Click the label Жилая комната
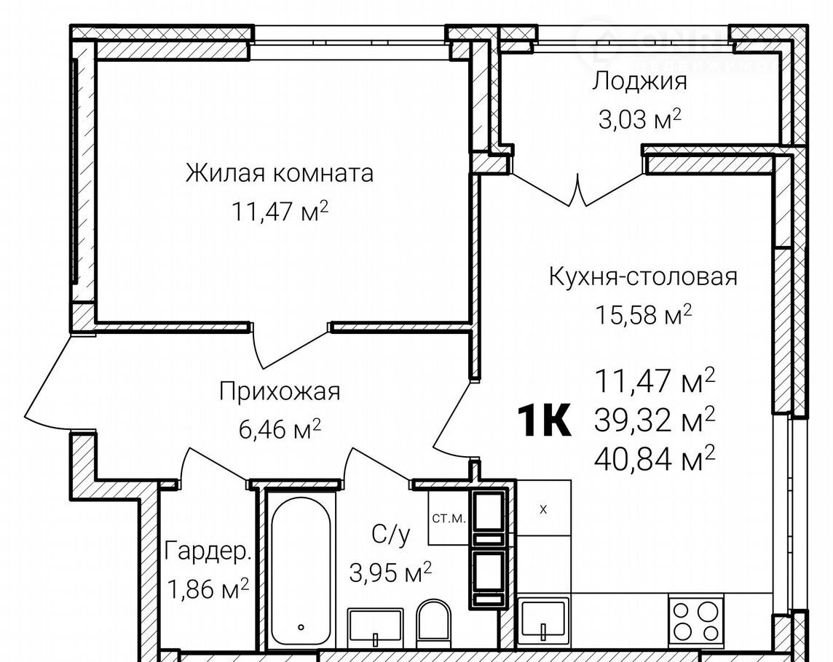[x=280, y=173]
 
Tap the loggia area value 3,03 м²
[x=639, y=119]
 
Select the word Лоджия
[x=639, y=81]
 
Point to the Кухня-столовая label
[x=643, y=276]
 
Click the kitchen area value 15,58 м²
[x=643, y=315]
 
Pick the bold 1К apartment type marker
[x=544, y=420]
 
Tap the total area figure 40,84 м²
[x=655, y=459]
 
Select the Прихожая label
[x=280, y=392]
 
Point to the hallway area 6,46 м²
[x=280, y=429]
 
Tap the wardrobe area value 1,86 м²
[x=208, y=589]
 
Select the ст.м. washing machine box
[x=449, y=518]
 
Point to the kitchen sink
[x=543, y=620]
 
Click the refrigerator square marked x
[x=543, y=508]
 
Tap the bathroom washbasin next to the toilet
[x=375, y=626]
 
